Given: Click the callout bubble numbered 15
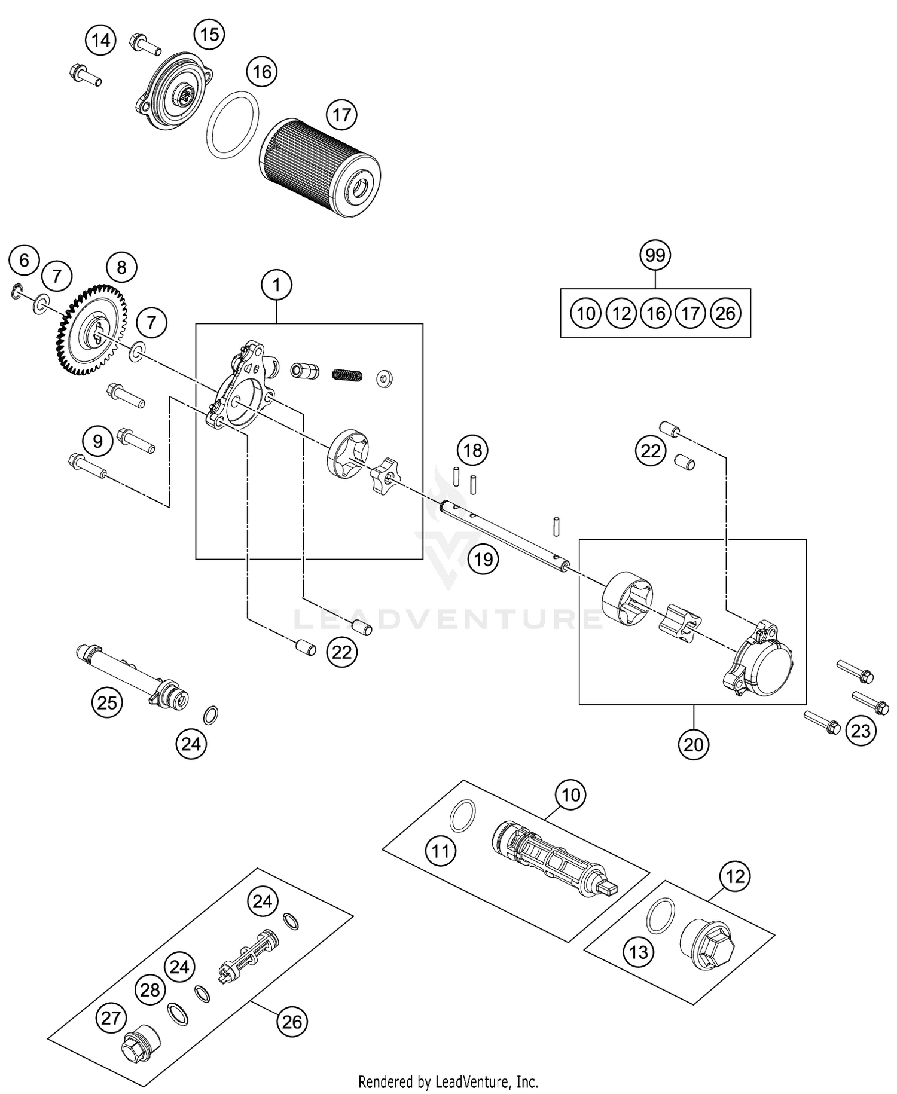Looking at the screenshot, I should (x=209, y=35).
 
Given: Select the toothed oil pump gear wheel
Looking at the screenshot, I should (x=93, y=330).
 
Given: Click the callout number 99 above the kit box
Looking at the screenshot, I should (x=655, y=255).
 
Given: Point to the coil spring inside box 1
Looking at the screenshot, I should (x=347, y=375).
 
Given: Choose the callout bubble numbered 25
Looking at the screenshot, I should (x=107, y=702).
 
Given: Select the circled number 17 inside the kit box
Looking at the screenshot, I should (x=691, y=313).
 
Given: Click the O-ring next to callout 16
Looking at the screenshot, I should (x=233, y=125).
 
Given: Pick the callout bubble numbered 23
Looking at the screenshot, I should (x=861, y=731).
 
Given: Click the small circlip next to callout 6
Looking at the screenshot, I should (x=17, y=292).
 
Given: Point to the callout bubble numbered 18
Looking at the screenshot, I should (x=472, y=450).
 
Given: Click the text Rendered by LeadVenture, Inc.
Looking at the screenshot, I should (x=448, y=1081).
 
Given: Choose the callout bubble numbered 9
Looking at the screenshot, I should (x=97, y=441).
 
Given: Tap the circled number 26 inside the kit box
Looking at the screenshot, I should (x=725, y=313).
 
